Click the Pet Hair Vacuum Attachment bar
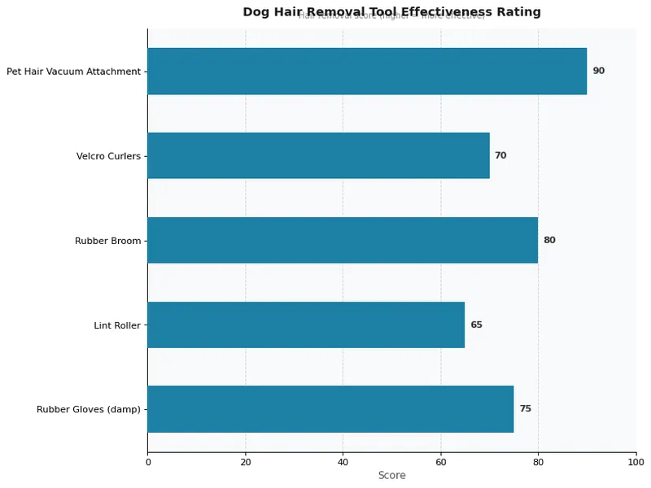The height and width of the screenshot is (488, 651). point(366,71)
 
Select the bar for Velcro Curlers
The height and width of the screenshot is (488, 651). point(318,155)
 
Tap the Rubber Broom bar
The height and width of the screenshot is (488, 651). point(343,240)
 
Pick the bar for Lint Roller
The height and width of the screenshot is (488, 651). point(306,325)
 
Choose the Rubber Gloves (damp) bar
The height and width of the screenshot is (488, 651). point(330,409)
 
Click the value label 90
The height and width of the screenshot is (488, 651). point(598,71)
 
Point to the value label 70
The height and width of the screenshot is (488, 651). point(500,155)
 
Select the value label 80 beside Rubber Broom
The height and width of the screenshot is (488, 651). point(549,240)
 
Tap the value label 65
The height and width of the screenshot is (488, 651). point(476,325)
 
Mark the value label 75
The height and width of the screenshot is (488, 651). point(525,409)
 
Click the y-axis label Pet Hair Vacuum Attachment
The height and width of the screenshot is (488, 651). point(73,72)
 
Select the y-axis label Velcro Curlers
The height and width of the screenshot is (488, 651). point(108,156)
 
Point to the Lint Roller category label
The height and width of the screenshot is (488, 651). point(117,325)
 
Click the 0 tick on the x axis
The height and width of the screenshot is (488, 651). point(148,462)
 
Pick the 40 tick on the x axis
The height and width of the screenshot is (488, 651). point(343,462)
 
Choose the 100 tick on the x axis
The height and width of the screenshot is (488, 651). point(636,462)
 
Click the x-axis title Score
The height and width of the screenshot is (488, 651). point(391,475)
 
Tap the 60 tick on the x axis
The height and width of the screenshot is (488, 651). point(440,462)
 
